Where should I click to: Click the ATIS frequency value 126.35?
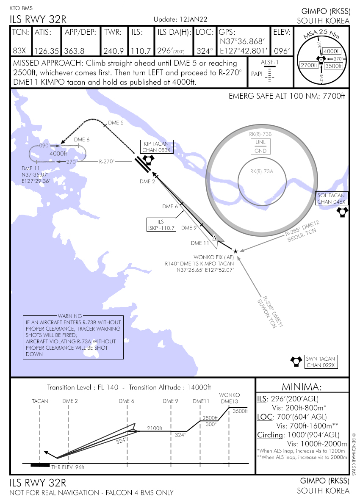tap(47, 51)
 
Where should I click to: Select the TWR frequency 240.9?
tap(113, 51)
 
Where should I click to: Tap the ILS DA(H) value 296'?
tap(164, 51)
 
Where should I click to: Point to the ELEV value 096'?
tap(282, 51)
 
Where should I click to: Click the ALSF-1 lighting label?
tap(268, 63)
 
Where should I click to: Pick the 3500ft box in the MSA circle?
tap(333, 66)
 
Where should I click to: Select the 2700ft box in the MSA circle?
tap(308, 65)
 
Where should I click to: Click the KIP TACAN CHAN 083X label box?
tap(156, 147)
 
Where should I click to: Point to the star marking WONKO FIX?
tap(235, 251)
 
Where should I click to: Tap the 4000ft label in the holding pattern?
tap(58, 153)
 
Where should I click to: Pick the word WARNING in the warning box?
tap(70, 316)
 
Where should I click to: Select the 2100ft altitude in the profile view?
tap(155, 428)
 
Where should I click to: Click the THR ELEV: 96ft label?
tap(68, 467)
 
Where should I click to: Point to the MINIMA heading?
tap(302, 387)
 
